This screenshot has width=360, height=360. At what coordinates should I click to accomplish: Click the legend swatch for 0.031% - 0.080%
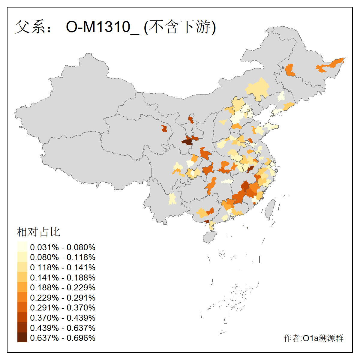(22, 247)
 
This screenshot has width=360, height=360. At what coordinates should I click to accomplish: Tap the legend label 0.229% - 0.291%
(63, 298)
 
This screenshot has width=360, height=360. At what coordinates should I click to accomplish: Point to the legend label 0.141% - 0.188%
(63, 277)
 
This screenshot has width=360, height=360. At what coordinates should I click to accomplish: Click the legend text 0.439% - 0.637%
(63, 328)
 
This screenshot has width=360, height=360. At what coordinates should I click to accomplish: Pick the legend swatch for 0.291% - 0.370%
(22, 308)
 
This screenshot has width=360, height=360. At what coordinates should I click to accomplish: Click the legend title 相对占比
(38, 232)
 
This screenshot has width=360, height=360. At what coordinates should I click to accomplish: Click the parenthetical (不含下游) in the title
(180, 27)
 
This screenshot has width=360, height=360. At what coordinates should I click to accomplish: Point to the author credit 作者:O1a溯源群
(313, 338)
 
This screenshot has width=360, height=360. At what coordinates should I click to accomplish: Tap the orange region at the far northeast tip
(331, 64)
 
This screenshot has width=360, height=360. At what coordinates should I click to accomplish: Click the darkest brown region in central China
(187, 142)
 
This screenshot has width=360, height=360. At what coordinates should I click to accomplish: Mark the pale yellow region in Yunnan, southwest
(172, 199)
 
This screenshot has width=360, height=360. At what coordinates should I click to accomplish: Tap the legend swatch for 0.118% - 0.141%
(22, 267)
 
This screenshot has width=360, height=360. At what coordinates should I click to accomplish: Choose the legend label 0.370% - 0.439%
(63, 318)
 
